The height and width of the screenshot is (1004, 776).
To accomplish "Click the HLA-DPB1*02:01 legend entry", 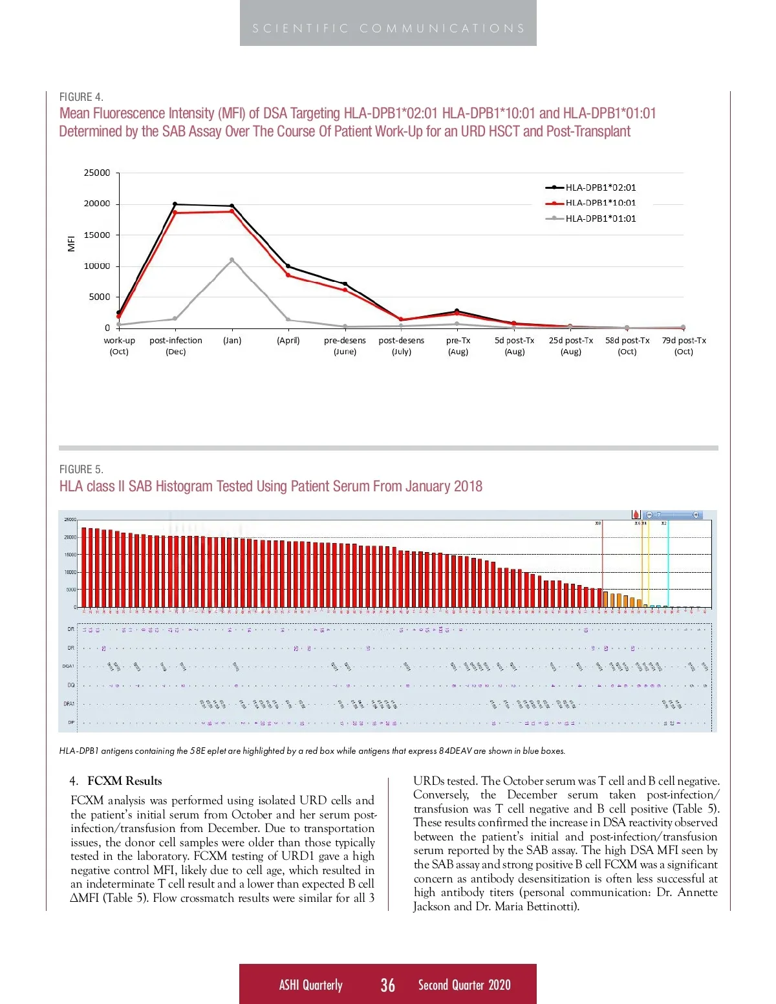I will coord(600,187).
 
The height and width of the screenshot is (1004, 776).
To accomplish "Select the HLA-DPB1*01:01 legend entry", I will coord(600,219).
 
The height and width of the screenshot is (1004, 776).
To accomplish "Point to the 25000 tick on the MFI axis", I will coord(97,173).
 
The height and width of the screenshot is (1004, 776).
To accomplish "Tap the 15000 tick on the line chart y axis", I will coord(97,235).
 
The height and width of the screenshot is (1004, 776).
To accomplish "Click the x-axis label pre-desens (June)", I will coord(345,346).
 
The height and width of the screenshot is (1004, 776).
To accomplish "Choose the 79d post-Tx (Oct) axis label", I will coord(684,346).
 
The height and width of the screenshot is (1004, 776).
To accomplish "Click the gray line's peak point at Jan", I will coord(232,260).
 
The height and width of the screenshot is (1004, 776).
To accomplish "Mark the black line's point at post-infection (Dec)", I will coord(175,204).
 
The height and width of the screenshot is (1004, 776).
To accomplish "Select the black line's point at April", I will coord(288,266).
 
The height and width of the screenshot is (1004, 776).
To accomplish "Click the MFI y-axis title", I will coord(72,243).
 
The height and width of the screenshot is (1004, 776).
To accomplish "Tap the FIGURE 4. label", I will coord(81,97).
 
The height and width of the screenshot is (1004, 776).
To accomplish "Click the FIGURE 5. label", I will coord(81,469).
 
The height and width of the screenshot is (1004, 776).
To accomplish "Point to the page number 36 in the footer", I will coord(387,985).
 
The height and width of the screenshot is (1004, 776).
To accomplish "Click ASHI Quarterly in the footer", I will coord(310,985).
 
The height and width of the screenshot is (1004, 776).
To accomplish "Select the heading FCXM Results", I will coord(125,781).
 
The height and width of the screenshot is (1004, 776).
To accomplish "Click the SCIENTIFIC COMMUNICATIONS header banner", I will coord(388,28).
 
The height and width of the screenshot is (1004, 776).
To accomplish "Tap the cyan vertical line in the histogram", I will coord(668,562).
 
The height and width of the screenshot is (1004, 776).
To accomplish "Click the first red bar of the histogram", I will coord(84,568).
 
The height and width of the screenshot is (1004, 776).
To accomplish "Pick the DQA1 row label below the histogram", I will coord(68,666).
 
